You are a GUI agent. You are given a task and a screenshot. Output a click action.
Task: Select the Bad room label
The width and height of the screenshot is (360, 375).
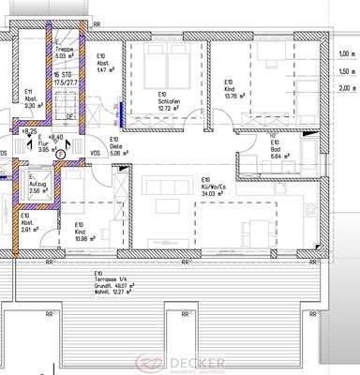click(276, 148)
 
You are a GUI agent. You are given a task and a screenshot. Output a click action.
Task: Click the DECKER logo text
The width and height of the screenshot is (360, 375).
click(186, 362)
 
